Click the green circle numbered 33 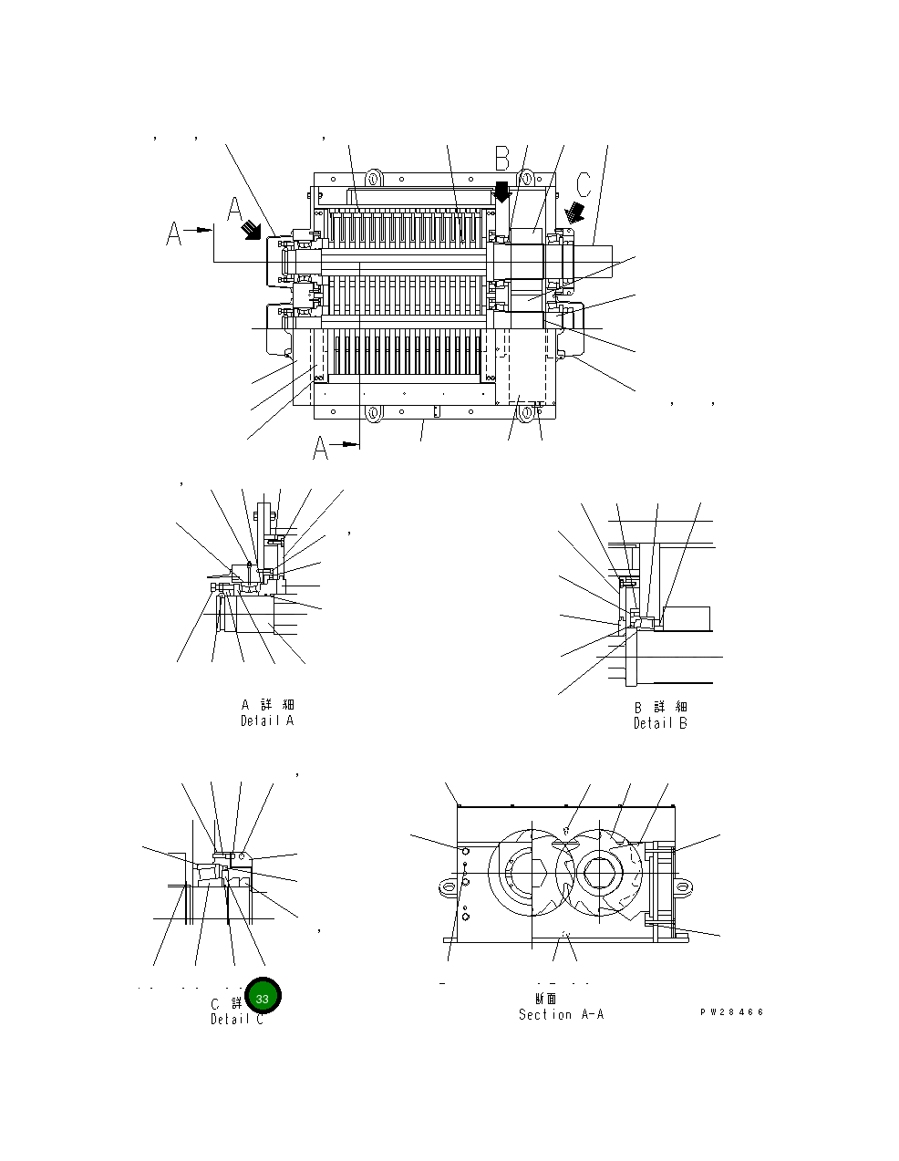263,998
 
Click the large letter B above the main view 502,159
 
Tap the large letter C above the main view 584,182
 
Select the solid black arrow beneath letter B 501,192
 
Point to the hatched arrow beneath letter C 574,213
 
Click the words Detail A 266,720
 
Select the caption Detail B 660,723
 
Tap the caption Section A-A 561,1014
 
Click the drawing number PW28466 731,1012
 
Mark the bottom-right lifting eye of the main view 527,414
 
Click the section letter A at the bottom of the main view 321,448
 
